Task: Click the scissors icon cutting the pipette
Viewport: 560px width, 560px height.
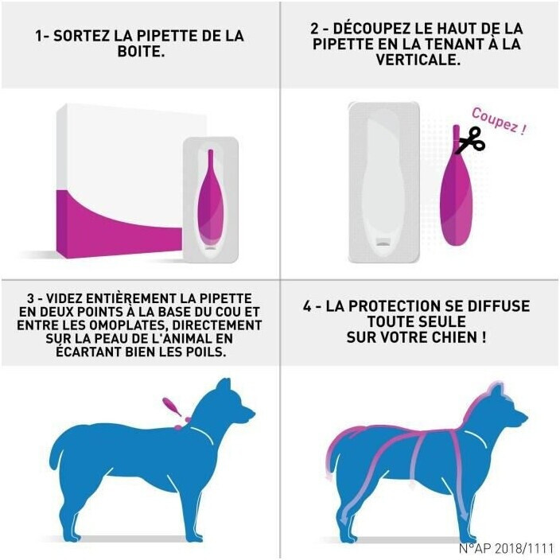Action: pos(472,140)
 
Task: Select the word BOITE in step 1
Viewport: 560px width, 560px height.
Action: pos(141,52)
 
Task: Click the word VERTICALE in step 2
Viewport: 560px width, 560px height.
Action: pos(418,60)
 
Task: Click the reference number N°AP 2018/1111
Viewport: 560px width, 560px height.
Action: pos(506,548)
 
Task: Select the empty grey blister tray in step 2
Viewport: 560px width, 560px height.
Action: pos(384,182)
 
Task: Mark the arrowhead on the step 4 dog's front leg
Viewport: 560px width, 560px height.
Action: pos(465,517)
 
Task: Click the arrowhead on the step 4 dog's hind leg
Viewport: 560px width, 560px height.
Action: pos(344,518)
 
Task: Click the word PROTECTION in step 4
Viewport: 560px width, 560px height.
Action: pos(391,306)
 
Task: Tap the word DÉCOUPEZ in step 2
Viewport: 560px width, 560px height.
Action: pos(372,28)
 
